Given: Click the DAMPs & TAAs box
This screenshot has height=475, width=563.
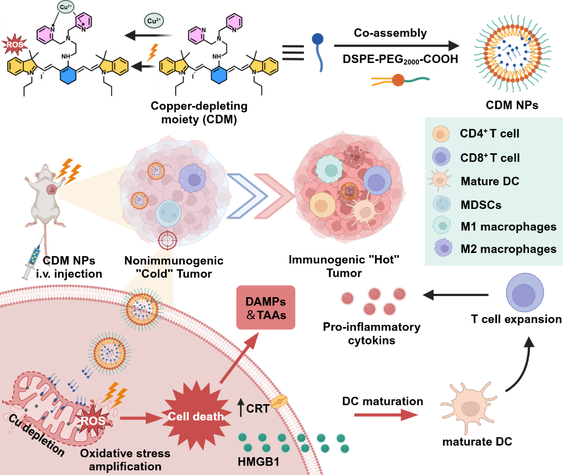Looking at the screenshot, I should (x=266, y=308).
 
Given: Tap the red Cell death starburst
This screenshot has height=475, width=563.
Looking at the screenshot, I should (x=196, y=416).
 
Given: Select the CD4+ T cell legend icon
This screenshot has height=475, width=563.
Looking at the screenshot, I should (x=441, y=134).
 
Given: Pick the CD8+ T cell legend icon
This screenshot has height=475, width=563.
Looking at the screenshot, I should (x=441, y=157).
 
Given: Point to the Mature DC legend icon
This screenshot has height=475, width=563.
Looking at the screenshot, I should (x=441, y=181).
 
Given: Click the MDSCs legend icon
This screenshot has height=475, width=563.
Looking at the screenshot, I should (x=441, y=204).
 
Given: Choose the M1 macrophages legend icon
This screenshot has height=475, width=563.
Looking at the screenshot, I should (x=441, y=226).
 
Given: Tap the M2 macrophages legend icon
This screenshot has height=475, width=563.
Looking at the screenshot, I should (x=441, y=248).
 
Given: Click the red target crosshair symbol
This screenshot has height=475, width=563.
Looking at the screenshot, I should (x=168, y=240).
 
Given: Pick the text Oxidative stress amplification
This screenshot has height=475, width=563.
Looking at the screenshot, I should (x=125, y=459).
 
